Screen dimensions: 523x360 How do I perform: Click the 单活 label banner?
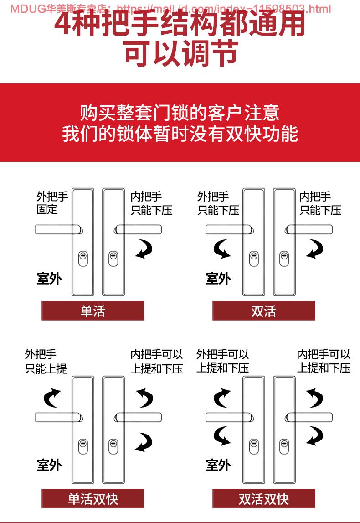click(x=93, y=311)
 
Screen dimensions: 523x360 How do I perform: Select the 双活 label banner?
click(x=263, y=311)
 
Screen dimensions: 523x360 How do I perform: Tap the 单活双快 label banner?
click(x=93, y=498)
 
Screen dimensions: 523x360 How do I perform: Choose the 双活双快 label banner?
click(x=263, y=498)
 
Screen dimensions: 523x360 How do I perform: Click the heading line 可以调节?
click(x=181, y=53)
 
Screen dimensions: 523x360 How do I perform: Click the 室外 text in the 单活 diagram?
click(x=49, y=278)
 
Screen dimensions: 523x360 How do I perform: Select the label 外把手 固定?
click(x=52, y=203)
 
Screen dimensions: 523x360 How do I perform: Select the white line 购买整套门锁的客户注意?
click(x=180, y=113)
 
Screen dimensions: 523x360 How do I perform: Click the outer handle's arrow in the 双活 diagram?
click(x=223, y=249)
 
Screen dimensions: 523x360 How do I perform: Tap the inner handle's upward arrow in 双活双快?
click(x=314, y=398)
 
